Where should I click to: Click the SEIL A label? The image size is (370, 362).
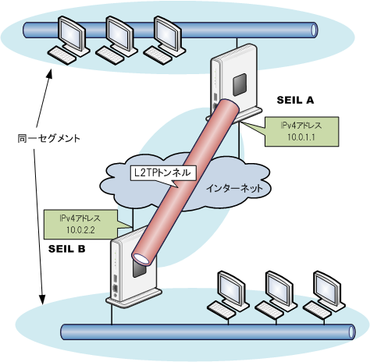(x=295, y=100)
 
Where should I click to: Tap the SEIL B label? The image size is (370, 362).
(x=67, y=249)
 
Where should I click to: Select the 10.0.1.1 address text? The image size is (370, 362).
(x=301, y=137)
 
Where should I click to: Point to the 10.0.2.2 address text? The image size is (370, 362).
(x=80, y=230)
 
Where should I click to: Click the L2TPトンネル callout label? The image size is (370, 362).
(x=162, y=172)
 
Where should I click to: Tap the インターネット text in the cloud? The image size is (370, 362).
(x=234, y=188)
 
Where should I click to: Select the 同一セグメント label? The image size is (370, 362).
(x=48, y=138)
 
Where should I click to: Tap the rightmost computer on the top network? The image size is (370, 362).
(x=164, y=40)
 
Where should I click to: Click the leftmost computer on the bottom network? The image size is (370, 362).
(x=228, y=295)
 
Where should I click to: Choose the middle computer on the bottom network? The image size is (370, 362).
(x=276, y=295)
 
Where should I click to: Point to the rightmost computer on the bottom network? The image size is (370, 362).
(x=324, y=295)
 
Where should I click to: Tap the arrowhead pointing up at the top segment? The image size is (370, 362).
(x=49, y=74)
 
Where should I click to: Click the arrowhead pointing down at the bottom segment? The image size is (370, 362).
(x=42, y=299)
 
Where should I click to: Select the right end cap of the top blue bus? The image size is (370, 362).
(x=315, y=30)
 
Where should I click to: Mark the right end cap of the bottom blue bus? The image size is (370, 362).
(x=351, y=332)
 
